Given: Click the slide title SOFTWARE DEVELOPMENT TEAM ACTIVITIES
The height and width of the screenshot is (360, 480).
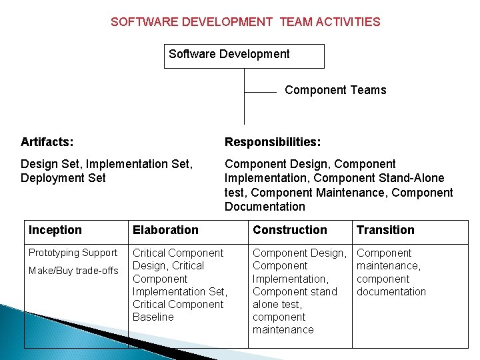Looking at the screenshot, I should tap(245, 21).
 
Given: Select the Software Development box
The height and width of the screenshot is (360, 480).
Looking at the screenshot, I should tap(244, 56).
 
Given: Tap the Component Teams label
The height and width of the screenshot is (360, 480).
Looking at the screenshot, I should tap(335, 90).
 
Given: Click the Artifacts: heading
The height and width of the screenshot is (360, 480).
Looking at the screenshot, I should tap(47, 142).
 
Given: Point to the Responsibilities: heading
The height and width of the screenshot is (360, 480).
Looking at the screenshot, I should tap(273, 142).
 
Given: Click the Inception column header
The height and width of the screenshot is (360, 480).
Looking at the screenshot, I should tap(55, 230).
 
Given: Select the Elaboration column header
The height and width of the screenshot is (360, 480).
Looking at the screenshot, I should tap(165, 230).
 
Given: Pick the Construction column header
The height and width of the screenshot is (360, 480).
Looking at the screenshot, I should tap(290, 230).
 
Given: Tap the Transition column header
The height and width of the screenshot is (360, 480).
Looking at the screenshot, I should tap(385, 230).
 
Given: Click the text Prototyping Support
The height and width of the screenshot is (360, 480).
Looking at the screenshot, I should tap(73, 253).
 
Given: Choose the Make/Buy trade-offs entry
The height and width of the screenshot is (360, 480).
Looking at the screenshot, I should tap(73, 270).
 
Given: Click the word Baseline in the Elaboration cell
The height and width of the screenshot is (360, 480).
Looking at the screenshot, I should tap(153, 317).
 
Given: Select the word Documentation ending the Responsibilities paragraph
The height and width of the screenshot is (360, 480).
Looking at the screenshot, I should tap(265, 206).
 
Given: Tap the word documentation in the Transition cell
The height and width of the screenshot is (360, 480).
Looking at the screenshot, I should tap(391, 291).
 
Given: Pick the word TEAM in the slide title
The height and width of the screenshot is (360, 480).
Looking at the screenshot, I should tap(295, 21).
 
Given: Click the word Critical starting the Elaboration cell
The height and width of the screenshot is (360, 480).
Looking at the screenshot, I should tap(149, 253).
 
